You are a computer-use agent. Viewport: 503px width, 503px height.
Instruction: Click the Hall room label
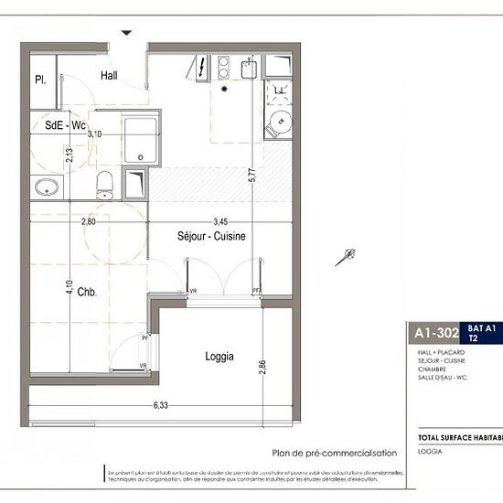click(x=110, y=75)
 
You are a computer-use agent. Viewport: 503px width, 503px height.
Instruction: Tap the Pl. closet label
click(x=40, y=80)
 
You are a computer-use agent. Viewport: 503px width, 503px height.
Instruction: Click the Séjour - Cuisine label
click(x=211, y=236)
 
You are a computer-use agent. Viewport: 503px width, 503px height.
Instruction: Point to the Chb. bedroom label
click(x=88, y=293)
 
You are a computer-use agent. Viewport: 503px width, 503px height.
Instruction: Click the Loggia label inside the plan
click(x=219, y=357)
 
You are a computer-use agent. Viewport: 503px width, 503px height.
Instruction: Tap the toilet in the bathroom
click(x=105, y=183)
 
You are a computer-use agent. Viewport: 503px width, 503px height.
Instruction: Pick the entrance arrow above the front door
click(x=127, y=33)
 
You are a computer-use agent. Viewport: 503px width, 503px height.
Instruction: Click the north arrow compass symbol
click(x=345, y=258)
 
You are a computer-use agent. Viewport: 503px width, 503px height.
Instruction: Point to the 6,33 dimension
click(x=161, y=404)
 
